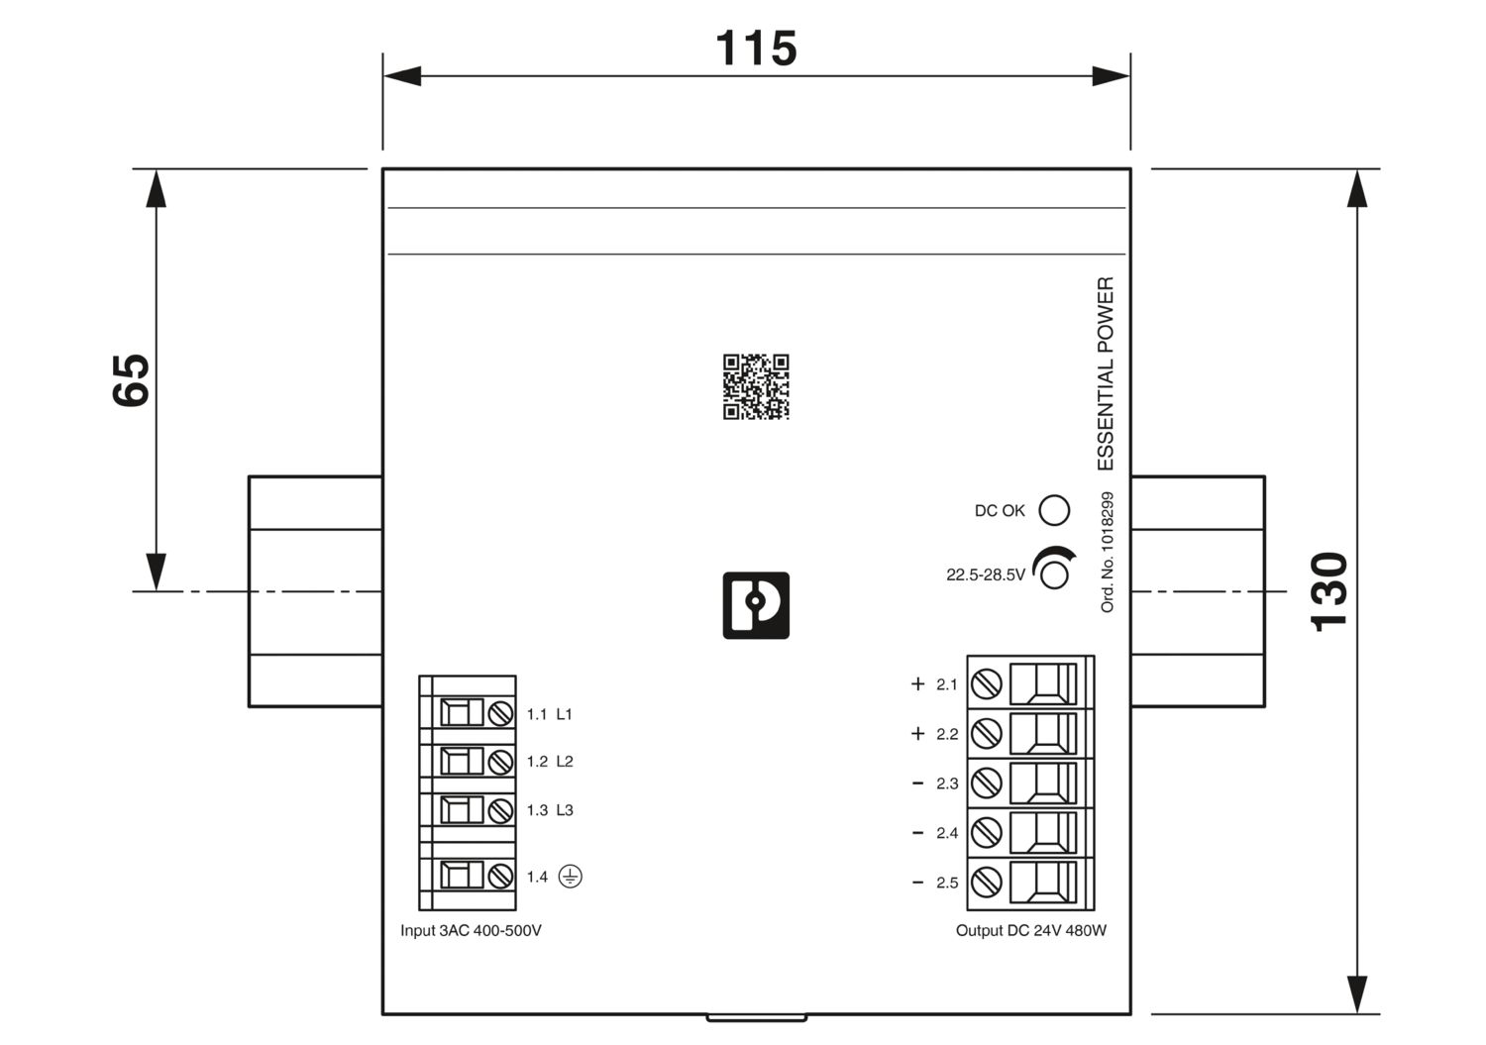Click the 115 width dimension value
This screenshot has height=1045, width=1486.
756,49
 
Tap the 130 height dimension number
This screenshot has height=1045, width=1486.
1328,591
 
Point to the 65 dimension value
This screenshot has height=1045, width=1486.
131,380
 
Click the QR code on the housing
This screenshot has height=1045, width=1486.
756,387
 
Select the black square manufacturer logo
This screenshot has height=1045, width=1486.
756,605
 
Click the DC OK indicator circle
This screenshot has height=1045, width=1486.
1054,510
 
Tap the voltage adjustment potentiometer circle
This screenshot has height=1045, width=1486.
1054,575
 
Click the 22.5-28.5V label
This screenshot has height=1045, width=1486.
985,575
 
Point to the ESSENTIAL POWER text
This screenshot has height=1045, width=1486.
1106,373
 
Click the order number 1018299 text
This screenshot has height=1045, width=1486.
1107,552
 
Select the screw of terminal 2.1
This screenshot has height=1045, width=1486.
987,684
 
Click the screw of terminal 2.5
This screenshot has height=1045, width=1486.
987,883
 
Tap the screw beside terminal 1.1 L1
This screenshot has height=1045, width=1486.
501,714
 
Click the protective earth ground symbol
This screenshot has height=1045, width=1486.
571,877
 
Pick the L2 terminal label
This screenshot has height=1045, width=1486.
565,761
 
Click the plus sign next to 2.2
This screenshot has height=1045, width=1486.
918,733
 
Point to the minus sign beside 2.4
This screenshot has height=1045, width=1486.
918,833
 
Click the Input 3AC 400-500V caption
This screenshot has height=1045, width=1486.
471,930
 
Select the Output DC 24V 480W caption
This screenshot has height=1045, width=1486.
1031,930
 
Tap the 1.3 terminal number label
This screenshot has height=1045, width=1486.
537,810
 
